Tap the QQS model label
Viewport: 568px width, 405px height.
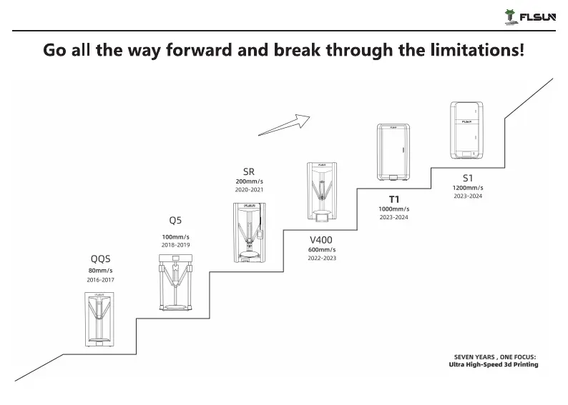point(100,259)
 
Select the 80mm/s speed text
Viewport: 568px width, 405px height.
point(100,271)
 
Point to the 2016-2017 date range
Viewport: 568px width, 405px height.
point(100,280)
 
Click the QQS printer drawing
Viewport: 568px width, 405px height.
point(100,319)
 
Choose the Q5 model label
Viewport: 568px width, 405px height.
point(175,221)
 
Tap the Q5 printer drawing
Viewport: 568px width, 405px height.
point(175,286)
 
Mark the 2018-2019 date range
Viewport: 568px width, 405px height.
point(175,245)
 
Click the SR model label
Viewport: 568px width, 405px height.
point(248,171)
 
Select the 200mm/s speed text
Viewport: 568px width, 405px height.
point(248,181)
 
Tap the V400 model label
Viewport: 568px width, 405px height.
point(322,239)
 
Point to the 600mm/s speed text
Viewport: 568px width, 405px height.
point(322,249)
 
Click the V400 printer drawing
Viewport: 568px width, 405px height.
point(322,191)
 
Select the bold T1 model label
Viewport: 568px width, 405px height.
point(393,198)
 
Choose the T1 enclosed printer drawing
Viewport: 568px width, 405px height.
point(393,152)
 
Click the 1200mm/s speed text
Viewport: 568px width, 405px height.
point(468,188)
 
